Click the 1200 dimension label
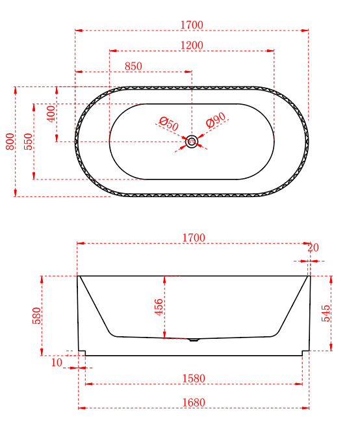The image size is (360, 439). (192, 46)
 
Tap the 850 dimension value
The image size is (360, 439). (133, 66)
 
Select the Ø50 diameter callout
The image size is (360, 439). (169, 124)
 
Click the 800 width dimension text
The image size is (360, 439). (10, 141)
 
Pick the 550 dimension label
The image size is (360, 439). (28, 141)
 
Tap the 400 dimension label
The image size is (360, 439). (51, 114)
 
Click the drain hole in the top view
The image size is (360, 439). (192, 142)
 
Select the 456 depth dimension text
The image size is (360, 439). (159, 307)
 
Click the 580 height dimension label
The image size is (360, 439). (36, 315)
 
